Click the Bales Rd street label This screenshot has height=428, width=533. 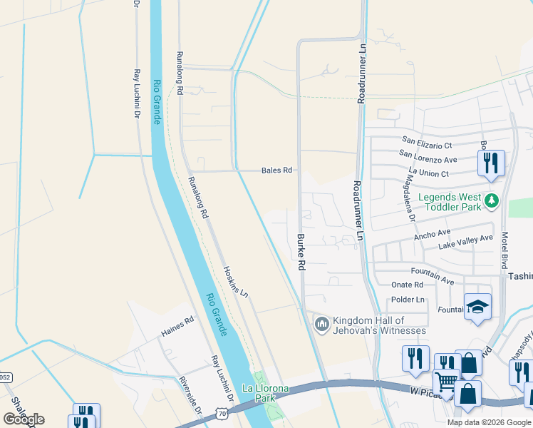point(277,170)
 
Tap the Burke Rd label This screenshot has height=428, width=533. point(301,252)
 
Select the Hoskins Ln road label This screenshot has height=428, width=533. point(236,282)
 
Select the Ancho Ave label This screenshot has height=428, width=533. point(433,233)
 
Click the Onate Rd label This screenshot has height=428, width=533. point(408,285)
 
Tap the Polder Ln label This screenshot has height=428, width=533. point(408,300)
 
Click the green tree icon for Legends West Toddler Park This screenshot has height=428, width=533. point(490,203)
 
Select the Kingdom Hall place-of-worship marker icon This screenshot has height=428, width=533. point(321,325)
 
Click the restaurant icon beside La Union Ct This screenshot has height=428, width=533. point(491,163)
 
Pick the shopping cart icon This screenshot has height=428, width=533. point(446,382)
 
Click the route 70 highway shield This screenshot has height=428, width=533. point(222,413)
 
